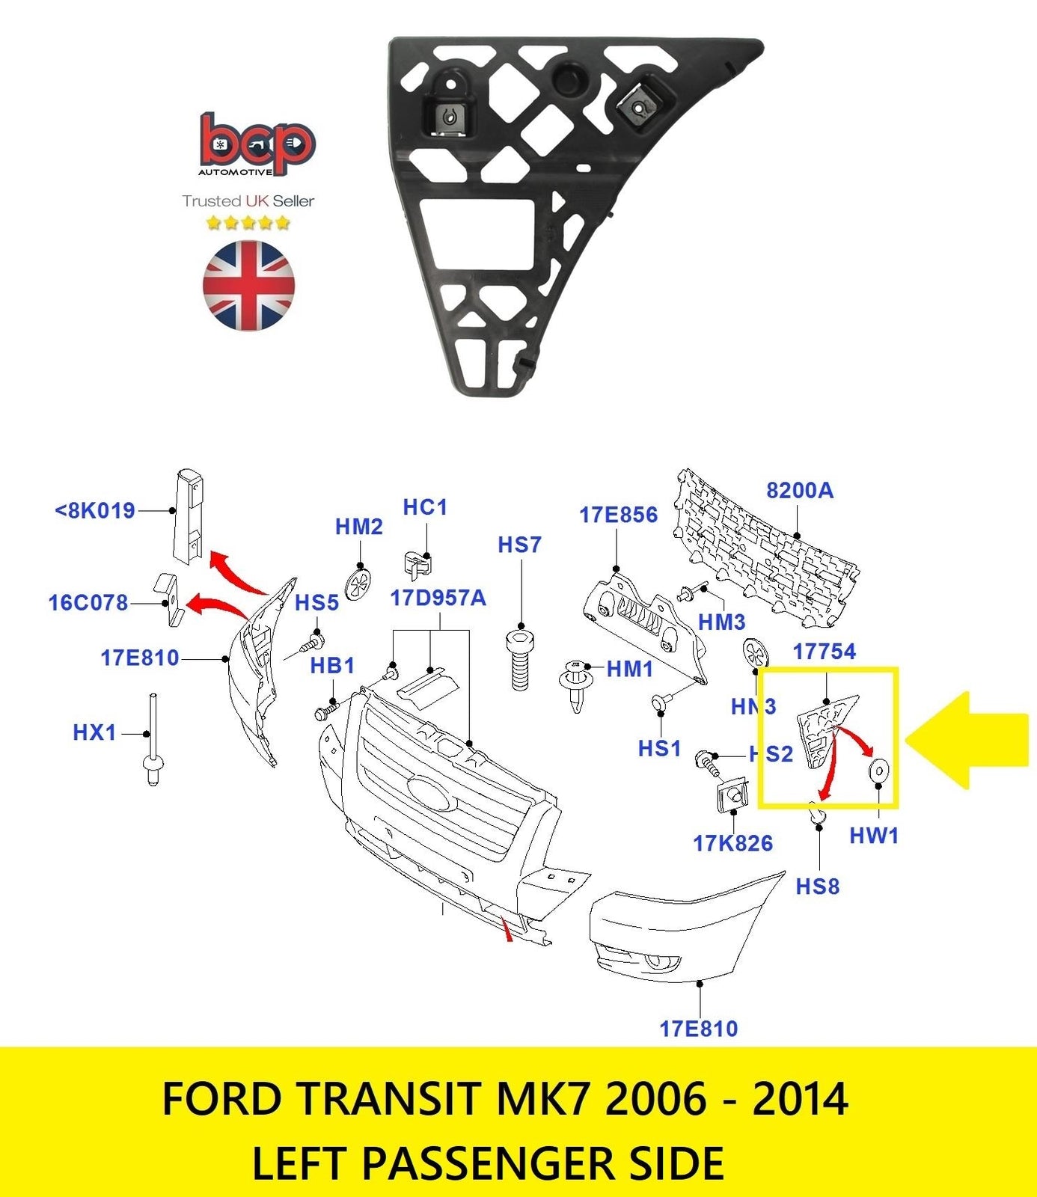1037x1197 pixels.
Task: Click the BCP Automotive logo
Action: (257, 145)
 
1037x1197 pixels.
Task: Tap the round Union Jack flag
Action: (248, 285)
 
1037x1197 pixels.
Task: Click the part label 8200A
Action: (799, 491)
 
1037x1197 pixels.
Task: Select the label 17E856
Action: (618, 515)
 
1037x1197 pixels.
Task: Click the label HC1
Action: (425, 507)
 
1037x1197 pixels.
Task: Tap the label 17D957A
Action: (438, 598)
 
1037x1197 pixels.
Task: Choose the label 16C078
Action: (88, 603)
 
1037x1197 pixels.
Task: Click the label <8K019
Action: (95, 511)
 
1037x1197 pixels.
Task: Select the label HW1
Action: (874, 836)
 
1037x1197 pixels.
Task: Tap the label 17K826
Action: (732, 844)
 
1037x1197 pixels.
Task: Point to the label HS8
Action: (817, 887)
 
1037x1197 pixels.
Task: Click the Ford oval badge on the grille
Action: (429, 792)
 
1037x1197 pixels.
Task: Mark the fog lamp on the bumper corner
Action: (659, 961)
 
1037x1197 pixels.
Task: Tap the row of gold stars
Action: (248, 223)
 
